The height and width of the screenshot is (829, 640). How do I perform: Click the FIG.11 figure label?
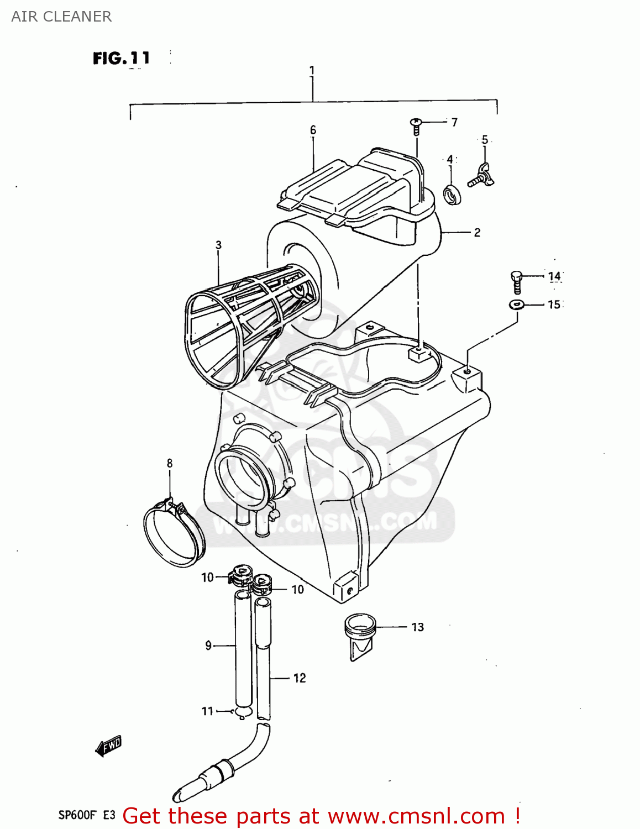(x=121, y=58)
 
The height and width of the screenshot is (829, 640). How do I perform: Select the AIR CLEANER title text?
(x=61, y=17)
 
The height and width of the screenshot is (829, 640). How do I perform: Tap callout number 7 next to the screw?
(x=454, y=122)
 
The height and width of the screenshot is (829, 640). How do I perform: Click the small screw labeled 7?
(x=416, y=125)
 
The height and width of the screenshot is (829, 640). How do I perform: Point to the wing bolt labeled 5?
(x=481, y=176)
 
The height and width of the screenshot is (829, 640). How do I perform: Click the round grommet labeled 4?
(x=453, y=196)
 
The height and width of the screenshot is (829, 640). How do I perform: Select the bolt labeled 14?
(x=516, y=281)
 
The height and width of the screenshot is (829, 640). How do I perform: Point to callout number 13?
(x=418, y=627)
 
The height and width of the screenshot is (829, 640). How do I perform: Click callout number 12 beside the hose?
(x=299, y=678)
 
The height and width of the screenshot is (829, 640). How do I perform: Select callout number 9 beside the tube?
(x=208, y=646)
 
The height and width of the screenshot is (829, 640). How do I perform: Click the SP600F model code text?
(x=77, y=815)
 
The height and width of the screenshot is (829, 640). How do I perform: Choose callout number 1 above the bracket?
(x=312, y=71)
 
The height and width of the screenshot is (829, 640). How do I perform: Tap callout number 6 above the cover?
(x=313, y=130)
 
